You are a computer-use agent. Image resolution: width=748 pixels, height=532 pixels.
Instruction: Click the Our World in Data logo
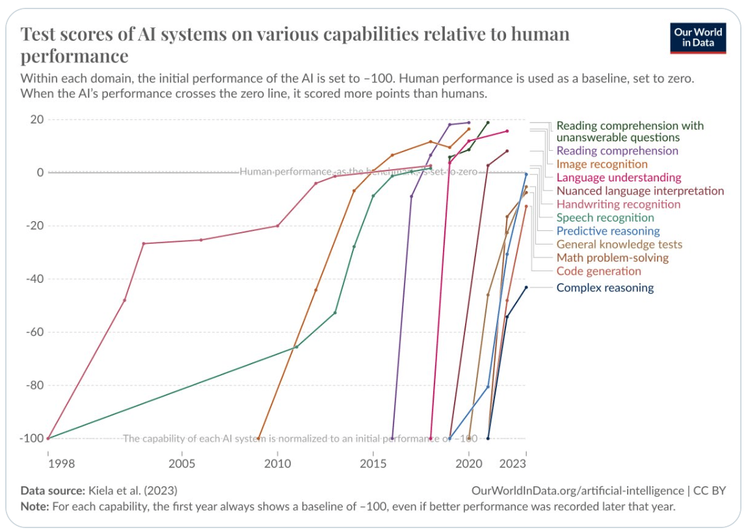[x=698, y=38]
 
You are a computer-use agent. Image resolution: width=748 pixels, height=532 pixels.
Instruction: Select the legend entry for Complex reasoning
[x=605, y=288]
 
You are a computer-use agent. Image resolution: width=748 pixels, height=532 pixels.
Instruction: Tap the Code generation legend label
[x=598, y=271]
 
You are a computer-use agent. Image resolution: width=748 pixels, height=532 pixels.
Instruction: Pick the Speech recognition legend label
[x=605, y=218]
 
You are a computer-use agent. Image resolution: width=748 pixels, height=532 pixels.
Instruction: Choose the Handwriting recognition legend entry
[x=618, y=204]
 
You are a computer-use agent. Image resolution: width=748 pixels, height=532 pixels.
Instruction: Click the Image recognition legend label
[x=602, y=165]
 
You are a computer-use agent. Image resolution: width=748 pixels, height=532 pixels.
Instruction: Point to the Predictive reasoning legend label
[x=608, y=231]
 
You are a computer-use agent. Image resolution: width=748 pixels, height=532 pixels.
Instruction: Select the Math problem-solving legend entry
[x=612, y=258]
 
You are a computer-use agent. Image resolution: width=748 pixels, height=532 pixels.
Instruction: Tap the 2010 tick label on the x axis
[x=278, y=463]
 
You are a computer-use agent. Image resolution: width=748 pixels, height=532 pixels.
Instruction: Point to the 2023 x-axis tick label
[x=513, y=463]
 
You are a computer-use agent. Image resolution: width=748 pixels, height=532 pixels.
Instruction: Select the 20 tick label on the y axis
[x=36, y=120]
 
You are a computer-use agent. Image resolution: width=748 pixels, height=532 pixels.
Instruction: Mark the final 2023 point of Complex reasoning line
[x=526, y=287]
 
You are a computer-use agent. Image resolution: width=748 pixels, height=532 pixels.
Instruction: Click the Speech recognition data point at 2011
[x=297, y=347]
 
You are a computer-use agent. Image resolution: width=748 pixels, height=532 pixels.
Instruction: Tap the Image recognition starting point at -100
[x=259, y=438]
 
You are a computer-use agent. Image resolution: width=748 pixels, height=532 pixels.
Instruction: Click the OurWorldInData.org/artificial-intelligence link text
[x=576, y=490]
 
